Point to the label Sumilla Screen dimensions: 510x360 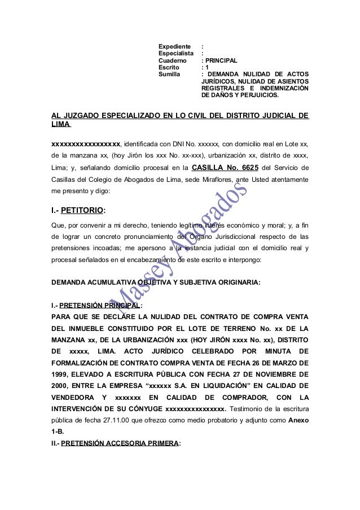click(x=170, y=74)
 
